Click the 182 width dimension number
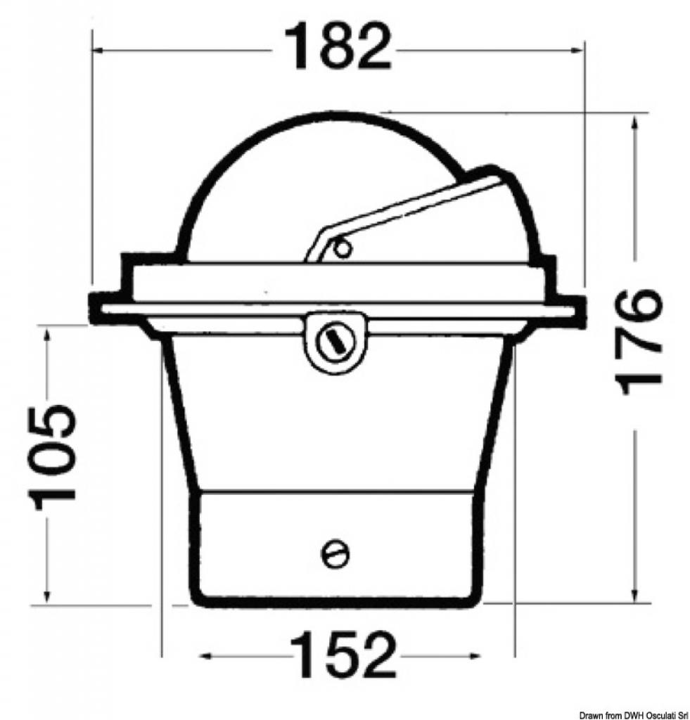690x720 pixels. (338, 46)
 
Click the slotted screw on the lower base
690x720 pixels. (334, 554)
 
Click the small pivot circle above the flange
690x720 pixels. (343, 248)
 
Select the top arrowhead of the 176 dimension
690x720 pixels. (635, 123)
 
